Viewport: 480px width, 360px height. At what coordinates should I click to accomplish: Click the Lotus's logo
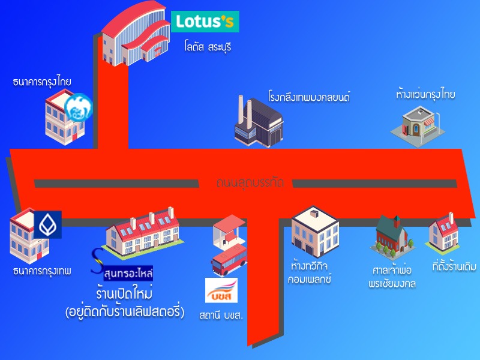205,22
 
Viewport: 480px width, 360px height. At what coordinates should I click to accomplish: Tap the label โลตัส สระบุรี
208,46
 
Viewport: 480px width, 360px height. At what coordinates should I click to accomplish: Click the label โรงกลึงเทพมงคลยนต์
308,96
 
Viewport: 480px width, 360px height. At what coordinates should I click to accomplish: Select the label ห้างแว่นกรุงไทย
425,95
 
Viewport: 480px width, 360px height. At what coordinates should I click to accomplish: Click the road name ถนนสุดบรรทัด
250,182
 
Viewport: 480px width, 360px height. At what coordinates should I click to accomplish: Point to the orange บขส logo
221,290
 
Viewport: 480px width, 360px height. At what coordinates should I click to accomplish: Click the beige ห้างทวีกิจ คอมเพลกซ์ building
315,231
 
